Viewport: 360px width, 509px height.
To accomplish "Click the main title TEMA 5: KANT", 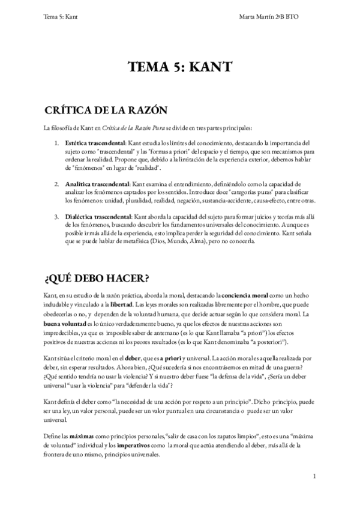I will pyautogui.click(x=179, y=67).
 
